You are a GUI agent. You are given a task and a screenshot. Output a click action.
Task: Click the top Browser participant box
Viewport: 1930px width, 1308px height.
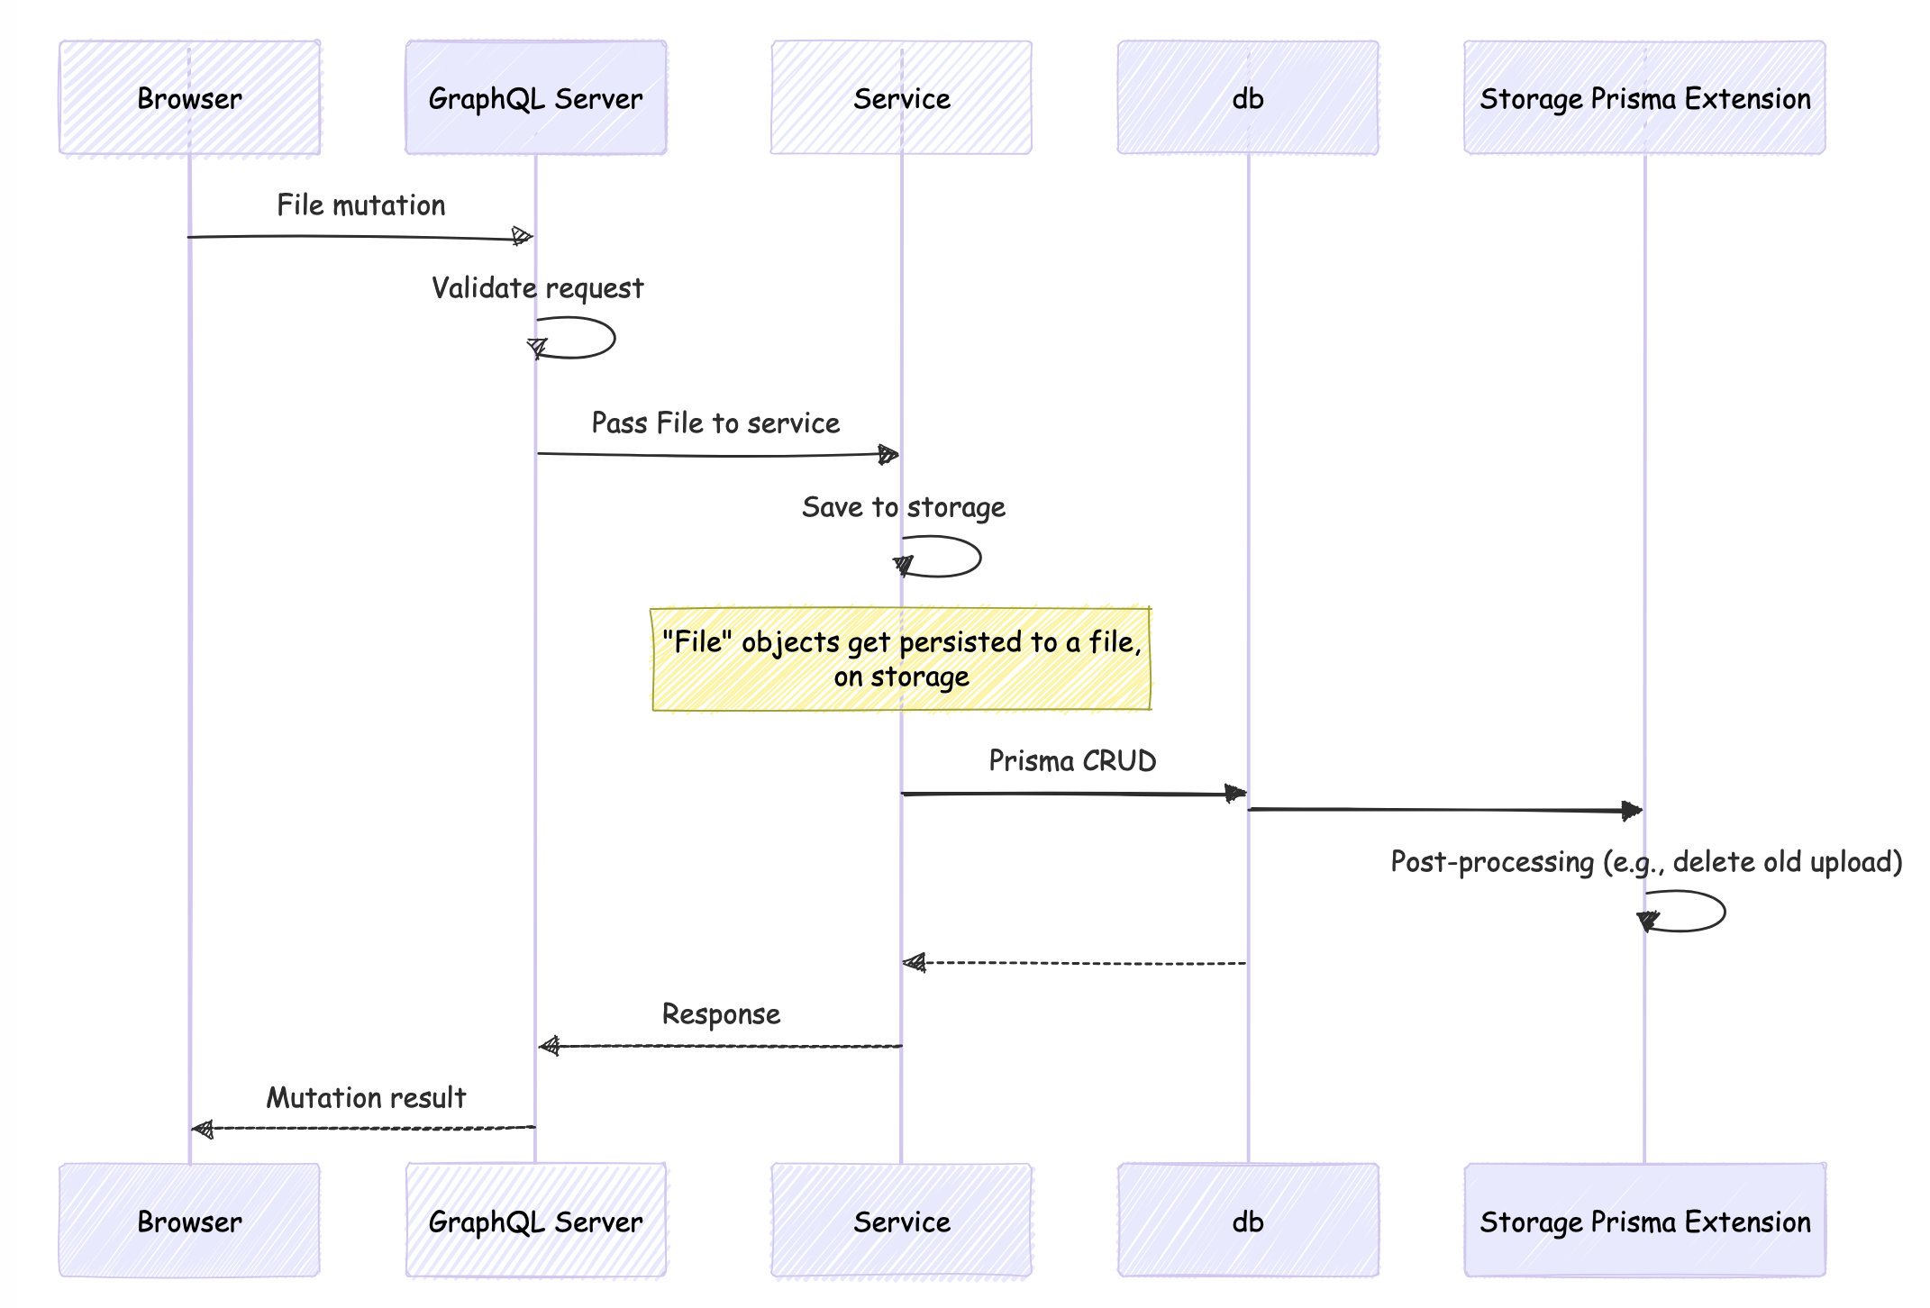189,97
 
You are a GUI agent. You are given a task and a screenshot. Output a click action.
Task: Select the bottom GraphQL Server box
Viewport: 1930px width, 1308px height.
535,1221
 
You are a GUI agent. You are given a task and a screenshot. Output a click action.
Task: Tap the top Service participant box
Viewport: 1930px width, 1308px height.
901,97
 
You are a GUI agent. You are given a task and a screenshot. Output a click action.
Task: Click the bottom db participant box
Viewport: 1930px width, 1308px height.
1248,1221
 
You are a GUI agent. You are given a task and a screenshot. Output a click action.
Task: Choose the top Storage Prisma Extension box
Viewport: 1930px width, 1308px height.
1644,97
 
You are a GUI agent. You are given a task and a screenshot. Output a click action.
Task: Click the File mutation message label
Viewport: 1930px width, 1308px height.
360,205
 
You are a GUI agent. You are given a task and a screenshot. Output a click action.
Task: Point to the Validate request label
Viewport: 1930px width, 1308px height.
537,288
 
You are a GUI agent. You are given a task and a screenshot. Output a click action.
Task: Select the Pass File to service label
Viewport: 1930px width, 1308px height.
715,423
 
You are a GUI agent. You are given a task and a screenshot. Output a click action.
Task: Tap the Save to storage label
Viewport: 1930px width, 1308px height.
903,507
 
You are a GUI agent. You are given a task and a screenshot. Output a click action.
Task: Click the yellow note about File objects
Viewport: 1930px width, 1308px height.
901,659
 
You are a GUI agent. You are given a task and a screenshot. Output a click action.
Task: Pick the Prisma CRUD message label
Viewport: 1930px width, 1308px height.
1072,761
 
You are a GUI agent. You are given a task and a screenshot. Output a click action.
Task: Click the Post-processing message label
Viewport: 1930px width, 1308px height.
1646,862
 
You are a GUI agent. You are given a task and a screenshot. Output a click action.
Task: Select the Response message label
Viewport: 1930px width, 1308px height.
721,1014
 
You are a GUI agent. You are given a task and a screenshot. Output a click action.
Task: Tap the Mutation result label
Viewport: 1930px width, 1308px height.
366,1098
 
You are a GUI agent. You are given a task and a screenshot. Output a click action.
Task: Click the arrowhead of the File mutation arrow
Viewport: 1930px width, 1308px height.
522,237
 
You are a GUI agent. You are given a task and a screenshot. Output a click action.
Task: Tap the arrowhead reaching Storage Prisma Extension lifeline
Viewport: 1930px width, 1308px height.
1632,811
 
